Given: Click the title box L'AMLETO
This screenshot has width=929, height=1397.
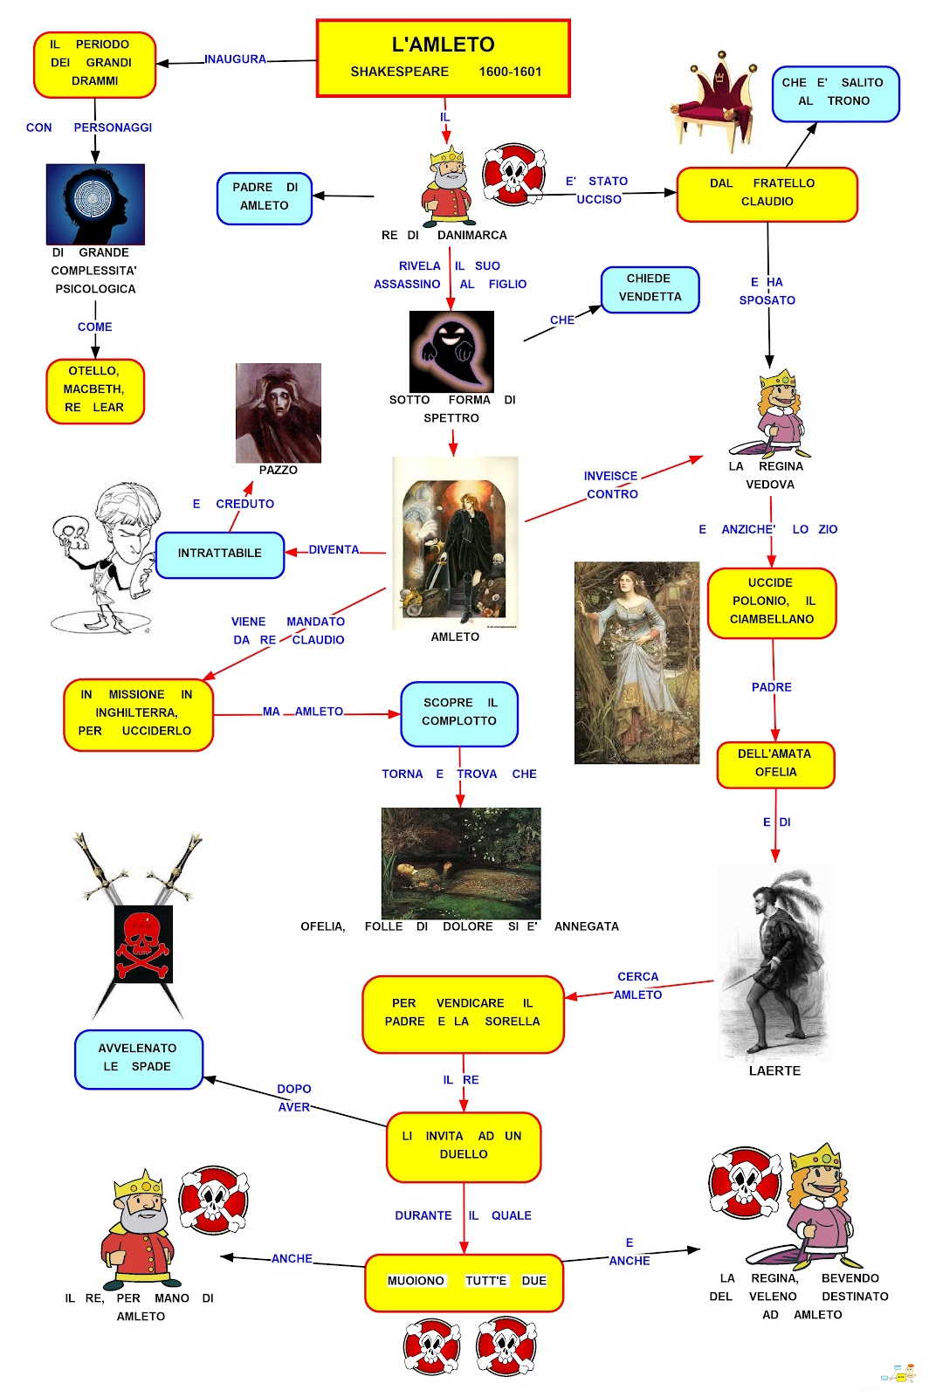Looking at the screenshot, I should (443, 58).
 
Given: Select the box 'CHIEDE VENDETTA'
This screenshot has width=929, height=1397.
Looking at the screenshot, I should (650, 289).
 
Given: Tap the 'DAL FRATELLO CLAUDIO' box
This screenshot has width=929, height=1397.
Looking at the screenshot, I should (767, 194).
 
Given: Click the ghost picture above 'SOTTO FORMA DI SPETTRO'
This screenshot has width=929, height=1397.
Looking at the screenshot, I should (451, 351).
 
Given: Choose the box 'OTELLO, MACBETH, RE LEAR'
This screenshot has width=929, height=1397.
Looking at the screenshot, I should (94, 390).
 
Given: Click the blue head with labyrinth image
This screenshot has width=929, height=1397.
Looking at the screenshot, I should (95, 204).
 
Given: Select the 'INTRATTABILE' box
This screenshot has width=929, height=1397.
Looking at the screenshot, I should (220, 554).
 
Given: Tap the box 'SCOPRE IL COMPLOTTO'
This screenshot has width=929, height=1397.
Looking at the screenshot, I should (459, 713).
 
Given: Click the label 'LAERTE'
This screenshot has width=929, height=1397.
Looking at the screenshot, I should (774, 1070).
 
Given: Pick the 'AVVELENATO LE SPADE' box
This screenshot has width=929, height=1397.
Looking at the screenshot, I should (138, 1058).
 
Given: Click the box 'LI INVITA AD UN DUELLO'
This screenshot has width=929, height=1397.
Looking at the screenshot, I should (464, 1146).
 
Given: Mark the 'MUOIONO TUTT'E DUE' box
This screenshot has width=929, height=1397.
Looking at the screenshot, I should (464, 1282).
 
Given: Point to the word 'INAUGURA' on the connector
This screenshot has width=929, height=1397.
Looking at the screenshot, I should (235, 59).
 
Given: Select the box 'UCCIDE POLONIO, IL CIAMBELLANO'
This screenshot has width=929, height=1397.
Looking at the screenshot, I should (771, 602).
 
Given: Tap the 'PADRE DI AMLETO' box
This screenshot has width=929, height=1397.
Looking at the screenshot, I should (265, 197).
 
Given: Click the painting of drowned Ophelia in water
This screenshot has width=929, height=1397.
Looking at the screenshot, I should (460, 862).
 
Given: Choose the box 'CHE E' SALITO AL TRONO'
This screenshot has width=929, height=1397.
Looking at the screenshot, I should (835, 93).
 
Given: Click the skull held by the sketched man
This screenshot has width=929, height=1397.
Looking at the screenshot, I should (67, 531).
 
